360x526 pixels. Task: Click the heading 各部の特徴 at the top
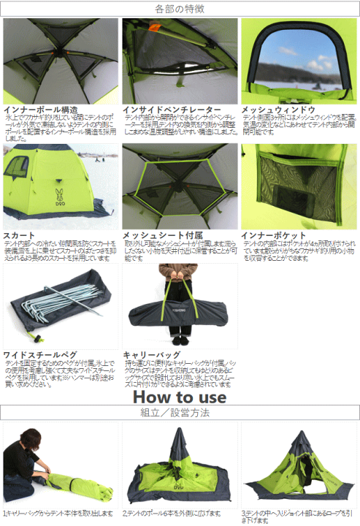pos(180,9)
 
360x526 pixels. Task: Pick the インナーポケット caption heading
pos(274,235)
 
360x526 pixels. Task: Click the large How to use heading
pos(180,396)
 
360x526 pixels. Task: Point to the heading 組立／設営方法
pos(180,413)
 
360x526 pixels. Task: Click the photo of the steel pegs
pos(58,305)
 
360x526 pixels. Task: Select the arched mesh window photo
pos(299,61)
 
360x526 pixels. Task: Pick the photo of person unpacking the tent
pos(58,465)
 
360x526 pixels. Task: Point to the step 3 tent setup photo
pos(299,465)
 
